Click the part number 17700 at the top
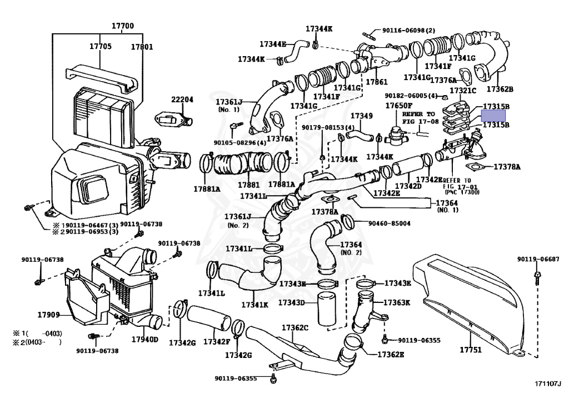click(x=122, y=26)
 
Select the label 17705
click(x=100, y=47)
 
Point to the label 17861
click(x=376, y=82)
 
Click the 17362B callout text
click(x=500, y=88)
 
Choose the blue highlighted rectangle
click(x=493, y=116)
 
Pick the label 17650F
click(x=399, y=105)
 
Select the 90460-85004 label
click(x=389, y=223)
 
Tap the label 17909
click(x=48, y=315)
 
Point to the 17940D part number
click(x=144, y=339)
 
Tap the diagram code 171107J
click(x=548, y=384)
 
